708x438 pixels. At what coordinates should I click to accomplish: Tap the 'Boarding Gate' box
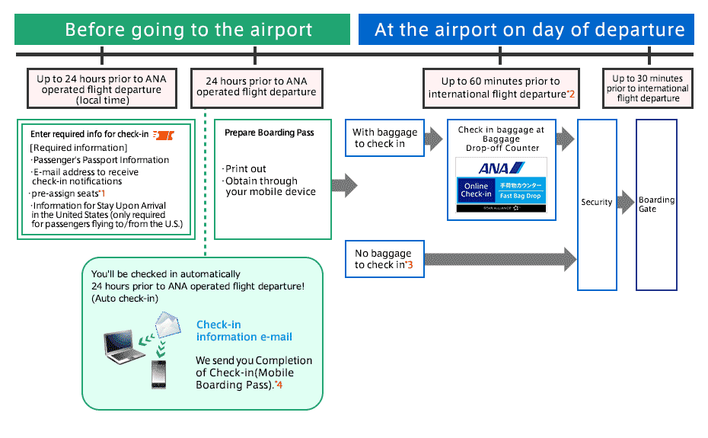tap(656, 204)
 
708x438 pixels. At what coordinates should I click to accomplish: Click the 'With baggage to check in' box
tap(384, 138)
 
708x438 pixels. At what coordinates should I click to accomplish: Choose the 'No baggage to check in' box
tap(384, 259)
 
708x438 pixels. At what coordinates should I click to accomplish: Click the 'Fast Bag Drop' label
tap(520, 197)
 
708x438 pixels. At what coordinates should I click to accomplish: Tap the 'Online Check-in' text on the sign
tap(477, 190)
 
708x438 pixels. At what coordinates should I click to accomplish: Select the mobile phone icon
tap(158, 374)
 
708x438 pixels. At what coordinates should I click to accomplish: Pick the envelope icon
tap(168, 325)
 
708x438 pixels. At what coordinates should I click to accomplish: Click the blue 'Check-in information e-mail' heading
tap(244, 331)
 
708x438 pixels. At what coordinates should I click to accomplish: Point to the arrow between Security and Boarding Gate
tap(626, 203)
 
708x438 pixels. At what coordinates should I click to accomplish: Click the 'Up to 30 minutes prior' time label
tap(648, 88)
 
